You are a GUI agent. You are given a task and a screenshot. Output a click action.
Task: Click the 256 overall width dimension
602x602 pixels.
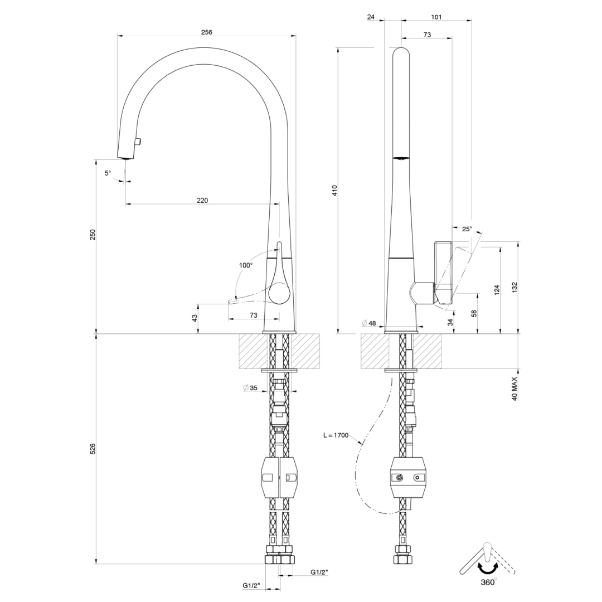click(207, 32)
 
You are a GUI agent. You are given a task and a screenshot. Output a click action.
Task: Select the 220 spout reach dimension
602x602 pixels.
click(202, 201)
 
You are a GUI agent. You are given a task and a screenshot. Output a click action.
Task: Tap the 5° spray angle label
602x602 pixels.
click(108, 173)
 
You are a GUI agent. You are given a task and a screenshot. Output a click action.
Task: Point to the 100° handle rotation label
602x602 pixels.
click(246, 265)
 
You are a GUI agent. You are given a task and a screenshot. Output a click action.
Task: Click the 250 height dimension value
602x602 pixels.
click(93, 235)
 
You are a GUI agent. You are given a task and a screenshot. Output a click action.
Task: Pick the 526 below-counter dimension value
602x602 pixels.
click(93, 449)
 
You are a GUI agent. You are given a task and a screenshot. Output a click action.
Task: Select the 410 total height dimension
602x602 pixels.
click(334, 191)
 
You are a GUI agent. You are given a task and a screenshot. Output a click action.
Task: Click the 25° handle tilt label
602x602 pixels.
click(467, 229)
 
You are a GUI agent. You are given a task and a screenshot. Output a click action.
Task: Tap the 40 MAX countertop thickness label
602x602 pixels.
click(515, 389)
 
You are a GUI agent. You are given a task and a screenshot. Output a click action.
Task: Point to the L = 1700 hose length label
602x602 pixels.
click(336, 435)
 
